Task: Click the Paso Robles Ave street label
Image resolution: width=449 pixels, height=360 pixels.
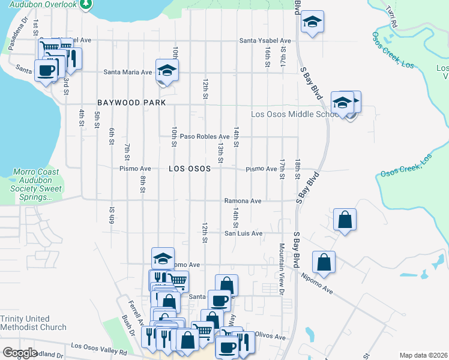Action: [206, 137]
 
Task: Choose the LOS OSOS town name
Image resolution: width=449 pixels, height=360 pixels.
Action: [189, 169]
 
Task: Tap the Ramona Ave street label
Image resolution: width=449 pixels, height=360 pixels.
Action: [243, 201]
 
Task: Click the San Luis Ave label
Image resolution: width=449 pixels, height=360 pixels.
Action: [244, 233]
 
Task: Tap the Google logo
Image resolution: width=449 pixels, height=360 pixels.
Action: [20, 353]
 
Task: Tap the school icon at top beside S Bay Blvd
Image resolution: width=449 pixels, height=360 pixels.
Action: [312, 22]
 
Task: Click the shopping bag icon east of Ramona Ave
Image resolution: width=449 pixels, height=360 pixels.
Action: [345, 220]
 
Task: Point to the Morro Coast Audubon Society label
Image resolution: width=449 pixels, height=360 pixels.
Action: [37, 185]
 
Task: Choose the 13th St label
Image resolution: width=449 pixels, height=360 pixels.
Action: [220, 154]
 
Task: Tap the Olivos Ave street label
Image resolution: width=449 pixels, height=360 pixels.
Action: [270, 337]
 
